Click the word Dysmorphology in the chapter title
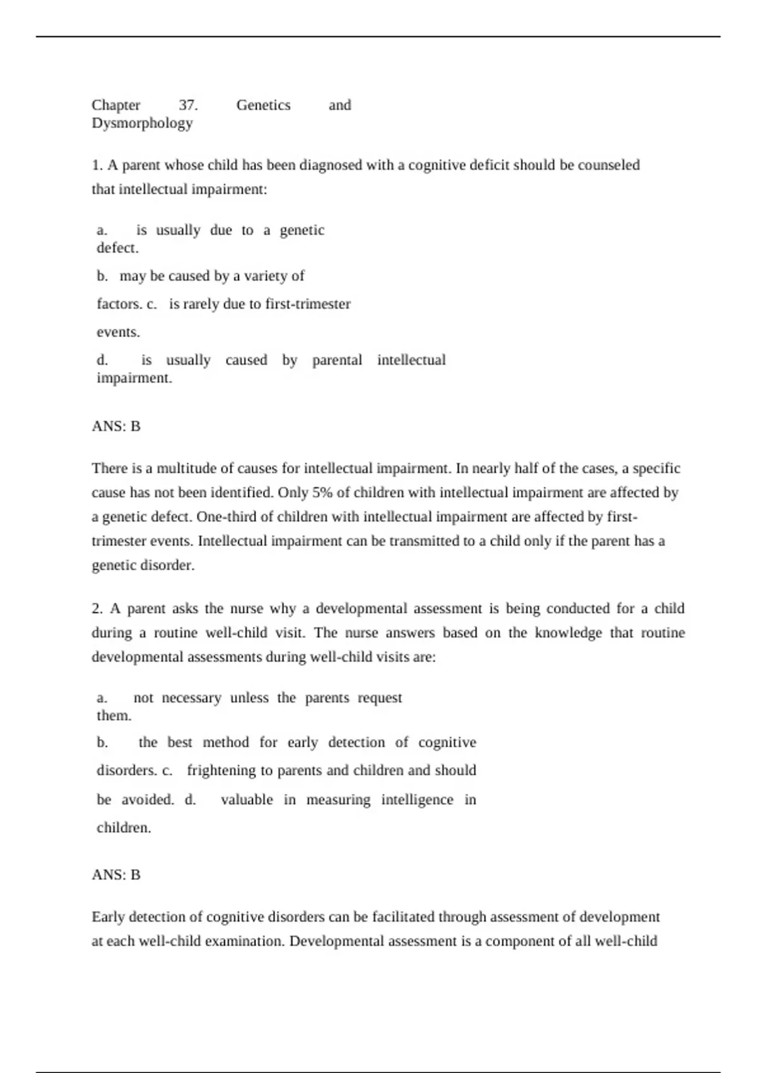point(142,123)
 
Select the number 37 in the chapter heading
point(188,105)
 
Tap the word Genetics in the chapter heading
point(263,105)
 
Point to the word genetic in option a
point(302,230)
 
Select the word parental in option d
point(337,360)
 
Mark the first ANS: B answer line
point(116,427)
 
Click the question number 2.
point(97,608)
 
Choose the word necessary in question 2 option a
point(191,698)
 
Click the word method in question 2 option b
point(226,742)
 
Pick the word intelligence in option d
point(417,800)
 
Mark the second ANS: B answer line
point(116,875)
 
